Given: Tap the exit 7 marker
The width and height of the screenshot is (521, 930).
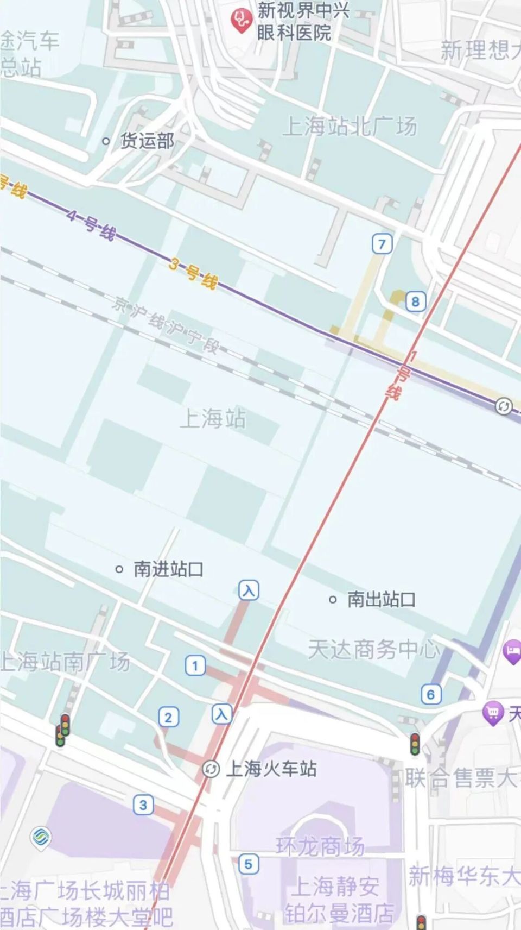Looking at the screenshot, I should click(382, 244).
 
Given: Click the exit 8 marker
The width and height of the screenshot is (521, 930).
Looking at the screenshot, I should click(416, 301).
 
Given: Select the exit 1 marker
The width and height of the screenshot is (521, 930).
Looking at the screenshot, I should click(195, 665).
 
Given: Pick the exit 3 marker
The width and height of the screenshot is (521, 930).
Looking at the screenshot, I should click(143, 805).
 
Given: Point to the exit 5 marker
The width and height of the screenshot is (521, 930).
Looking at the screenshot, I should click(248, 864).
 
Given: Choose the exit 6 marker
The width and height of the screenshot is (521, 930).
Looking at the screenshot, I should click(431, 694).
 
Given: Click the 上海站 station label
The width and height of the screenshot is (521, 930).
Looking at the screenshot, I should click(213, 419).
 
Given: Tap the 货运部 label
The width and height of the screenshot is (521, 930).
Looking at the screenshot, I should click(147, 141).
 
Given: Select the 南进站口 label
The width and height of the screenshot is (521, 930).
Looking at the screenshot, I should click(168, 569).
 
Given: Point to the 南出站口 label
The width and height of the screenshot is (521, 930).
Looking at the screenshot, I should click(381, 600).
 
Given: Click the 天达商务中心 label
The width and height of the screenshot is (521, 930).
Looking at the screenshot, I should click(373, 650).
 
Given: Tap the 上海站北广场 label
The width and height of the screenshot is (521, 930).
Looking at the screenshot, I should click(350, 127).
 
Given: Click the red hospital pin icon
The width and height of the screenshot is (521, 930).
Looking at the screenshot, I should click(240, 21).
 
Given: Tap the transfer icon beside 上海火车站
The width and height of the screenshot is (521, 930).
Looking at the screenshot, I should click(211, 769).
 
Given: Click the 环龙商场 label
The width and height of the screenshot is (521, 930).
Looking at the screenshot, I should click(320, 846).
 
